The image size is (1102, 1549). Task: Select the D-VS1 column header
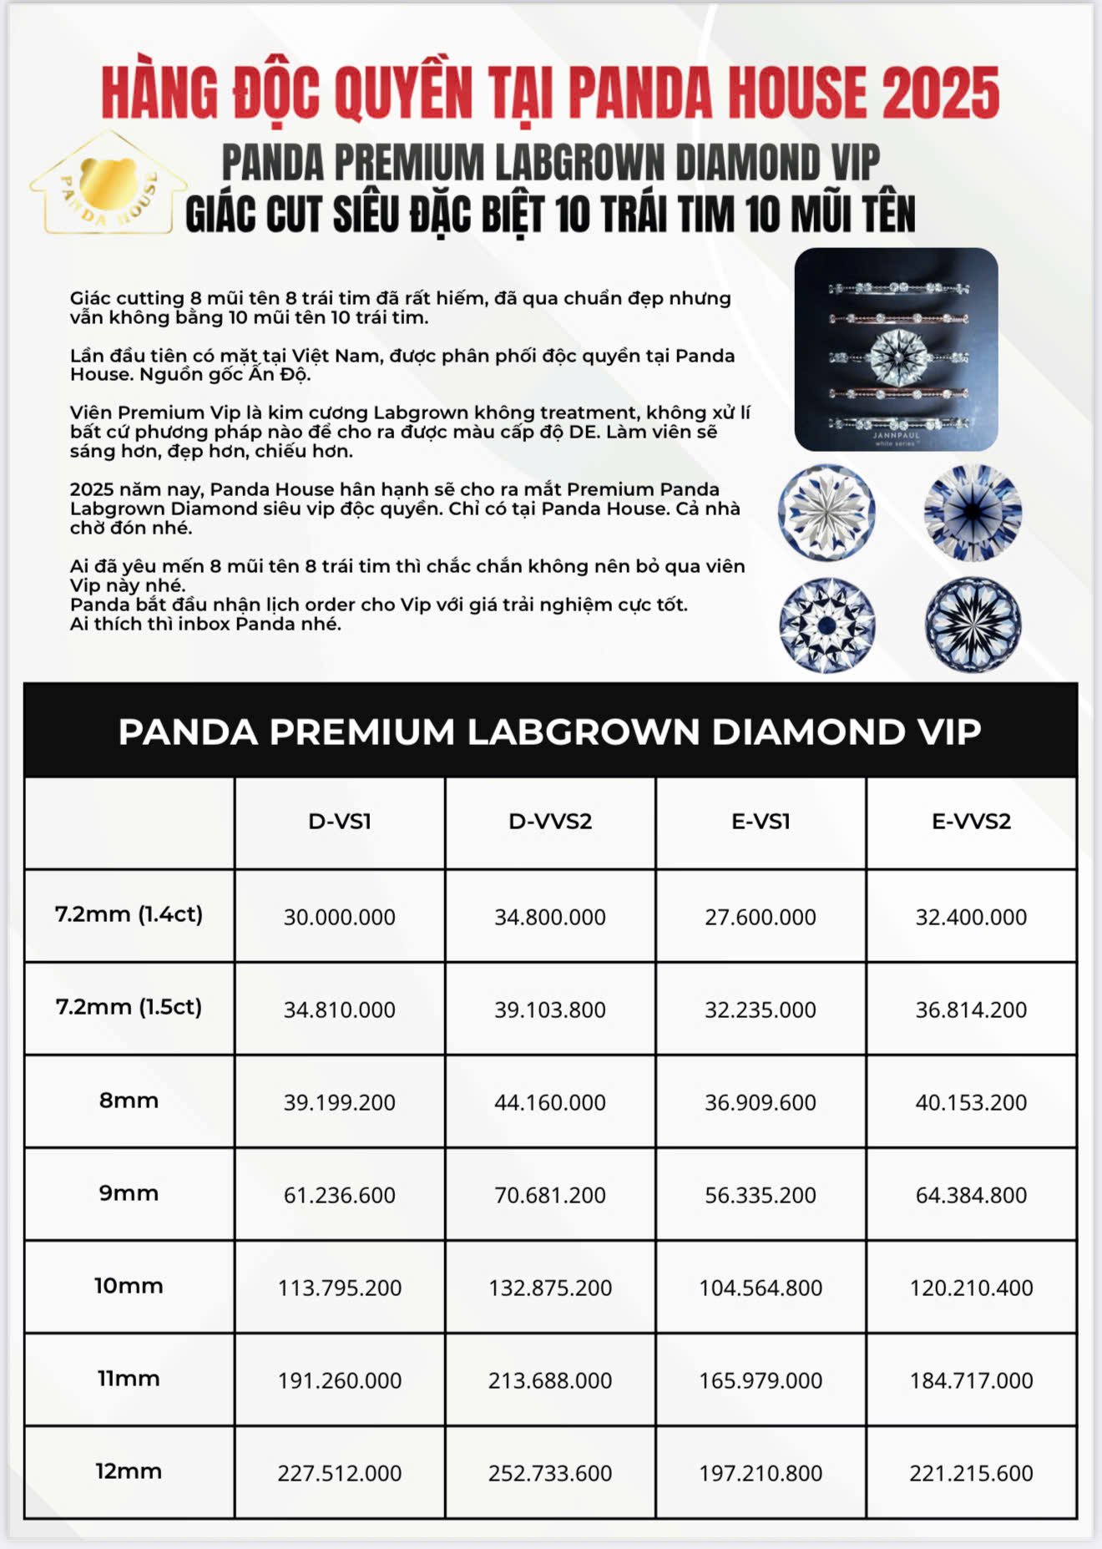coord(340,822)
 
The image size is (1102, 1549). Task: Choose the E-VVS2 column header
coord(971,822)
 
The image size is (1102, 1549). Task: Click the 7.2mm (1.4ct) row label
coord(129,914)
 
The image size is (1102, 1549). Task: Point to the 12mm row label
coord(129,1471)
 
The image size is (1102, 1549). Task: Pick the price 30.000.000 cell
coord(340,917)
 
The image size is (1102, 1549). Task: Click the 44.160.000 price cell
coord(550,1102)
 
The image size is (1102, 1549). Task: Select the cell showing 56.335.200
coord(761,1195)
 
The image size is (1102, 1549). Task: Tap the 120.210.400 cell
coord(971,1288)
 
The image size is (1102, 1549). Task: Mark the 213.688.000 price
coord(550,1380)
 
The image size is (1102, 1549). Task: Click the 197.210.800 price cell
coord(761,1473)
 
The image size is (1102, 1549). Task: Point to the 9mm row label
coord(129,1193)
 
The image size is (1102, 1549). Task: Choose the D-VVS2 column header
coord(550,822)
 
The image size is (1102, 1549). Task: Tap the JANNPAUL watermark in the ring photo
coord(896,436)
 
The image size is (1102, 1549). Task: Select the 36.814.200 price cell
coord(971,1010)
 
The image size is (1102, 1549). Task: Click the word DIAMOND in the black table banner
coord(808,732)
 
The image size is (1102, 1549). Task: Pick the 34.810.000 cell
coord(340,1010)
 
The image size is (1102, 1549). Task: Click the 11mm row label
coord(129,1379)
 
